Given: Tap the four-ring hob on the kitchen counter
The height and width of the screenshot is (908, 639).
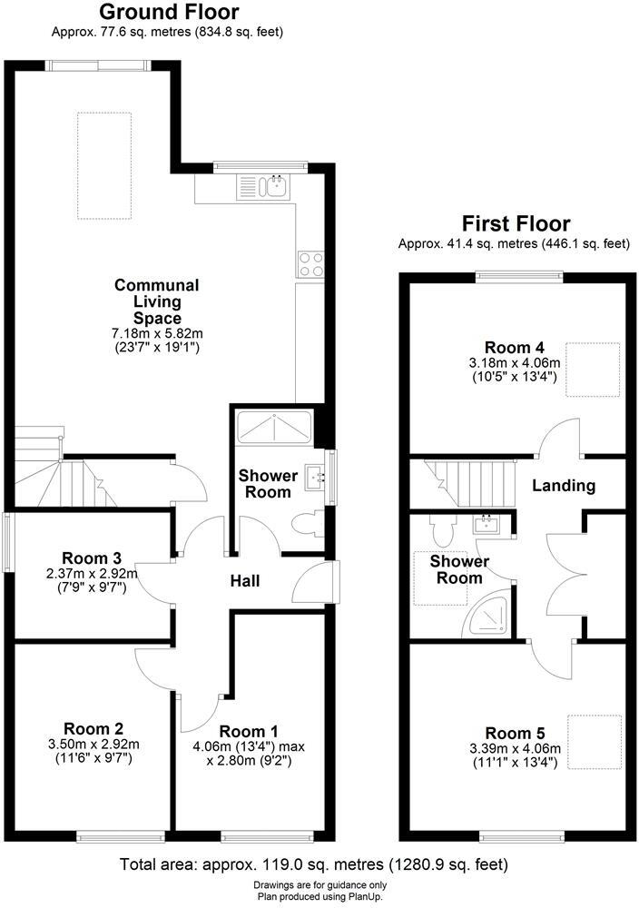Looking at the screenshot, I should click(x=310, y=264).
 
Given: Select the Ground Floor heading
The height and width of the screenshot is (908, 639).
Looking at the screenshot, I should click(x=169, y=13).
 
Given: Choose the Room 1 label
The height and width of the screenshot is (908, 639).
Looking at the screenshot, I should click(x=249, y=732).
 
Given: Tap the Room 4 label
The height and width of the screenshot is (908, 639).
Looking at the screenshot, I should click(x=514, y=348).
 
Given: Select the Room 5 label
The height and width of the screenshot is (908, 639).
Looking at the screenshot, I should click(x=514, y=733).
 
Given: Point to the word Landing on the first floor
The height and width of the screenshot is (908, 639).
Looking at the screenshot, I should click(x=563, y=486).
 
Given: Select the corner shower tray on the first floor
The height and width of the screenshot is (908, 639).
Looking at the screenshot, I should click(x=490, y=619).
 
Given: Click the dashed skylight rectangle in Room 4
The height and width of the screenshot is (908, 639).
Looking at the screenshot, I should click(x=593, y=370).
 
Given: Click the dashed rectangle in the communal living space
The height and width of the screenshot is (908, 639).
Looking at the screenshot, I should click(x=103, y=166).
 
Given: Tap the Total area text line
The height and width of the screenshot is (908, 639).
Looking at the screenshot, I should click(x=313, y=864).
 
